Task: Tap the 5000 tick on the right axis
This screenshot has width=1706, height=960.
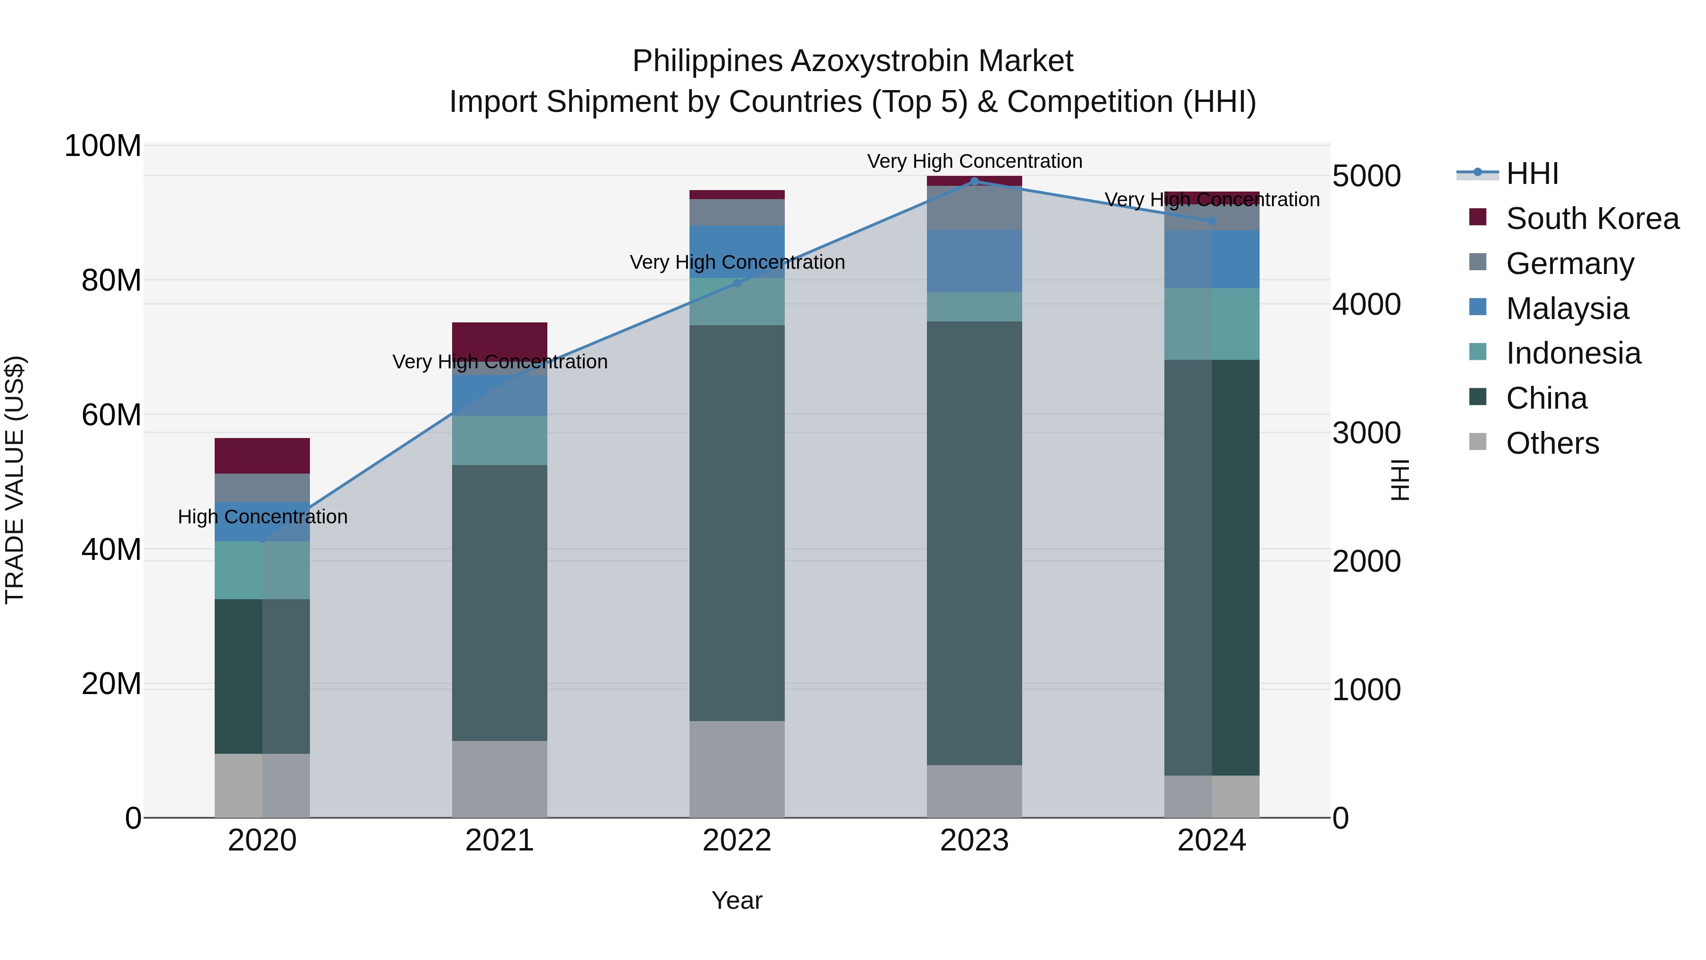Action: tap(1366, 176)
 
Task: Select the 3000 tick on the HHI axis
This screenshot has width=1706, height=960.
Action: tap(1366, 433)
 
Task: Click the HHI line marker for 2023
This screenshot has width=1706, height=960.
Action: tap(974, 182)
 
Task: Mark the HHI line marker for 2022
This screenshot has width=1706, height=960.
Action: tap(737, 283)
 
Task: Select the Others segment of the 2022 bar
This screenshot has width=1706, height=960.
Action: tap(737, 768)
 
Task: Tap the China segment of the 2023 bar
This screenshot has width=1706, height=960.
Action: tap(974, 543)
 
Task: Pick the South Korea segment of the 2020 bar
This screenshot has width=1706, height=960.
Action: tap(262, 456)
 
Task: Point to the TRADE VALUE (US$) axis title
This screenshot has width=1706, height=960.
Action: tap(15, 480)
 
